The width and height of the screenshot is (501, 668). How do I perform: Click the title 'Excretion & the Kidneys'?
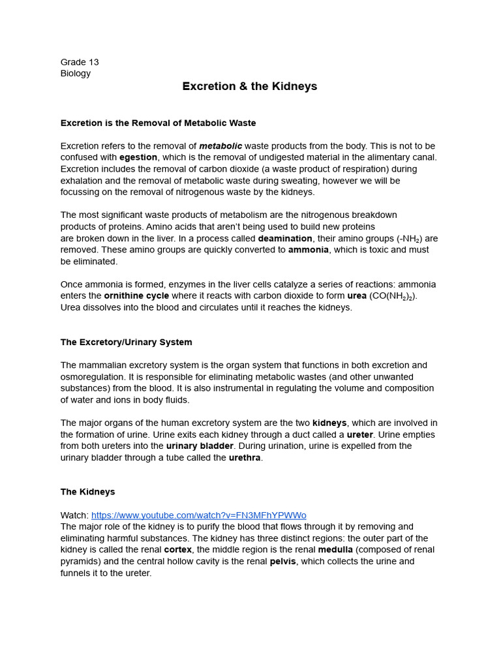click(250, 87)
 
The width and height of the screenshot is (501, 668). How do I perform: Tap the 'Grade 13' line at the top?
click(80, 62)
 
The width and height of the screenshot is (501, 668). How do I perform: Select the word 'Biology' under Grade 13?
click(76, 73)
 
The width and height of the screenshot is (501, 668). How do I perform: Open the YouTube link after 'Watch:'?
click(198, 515)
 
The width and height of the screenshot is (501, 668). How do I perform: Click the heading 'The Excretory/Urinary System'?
click(126, 342)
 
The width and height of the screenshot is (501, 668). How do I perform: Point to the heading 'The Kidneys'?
click(87, 492)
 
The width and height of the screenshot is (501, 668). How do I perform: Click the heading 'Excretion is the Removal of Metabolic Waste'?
click(158, 123)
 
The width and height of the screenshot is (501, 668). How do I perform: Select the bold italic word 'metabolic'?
click(220, 146)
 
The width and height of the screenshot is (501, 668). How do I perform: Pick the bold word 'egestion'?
click(138, 157)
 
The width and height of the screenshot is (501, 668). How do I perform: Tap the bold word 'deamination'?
click(285, 238)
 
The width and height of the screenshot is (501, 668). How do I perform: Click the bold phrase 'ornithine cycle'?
click(136, 296)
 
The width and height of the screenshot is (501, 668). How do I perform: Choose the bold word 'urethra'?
click(245, 457)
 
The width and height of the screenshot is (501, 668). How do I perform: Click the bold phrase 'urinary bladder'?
click(200, 446)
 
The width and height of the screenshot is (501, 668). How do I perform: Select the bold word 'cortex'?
click(177, 550)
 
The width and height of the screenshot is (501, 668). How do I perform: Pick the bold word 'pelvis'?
click(282, 561)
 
